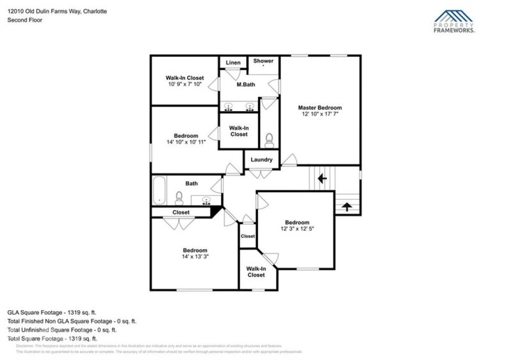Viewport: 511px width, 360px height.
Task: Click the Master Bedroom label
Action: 320,108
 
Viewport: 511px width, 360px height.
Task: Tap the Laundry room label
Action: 261,160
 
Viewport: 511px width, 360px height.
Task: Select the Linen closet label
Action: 233,63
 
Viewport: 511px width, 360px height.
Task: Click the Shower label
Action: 263,61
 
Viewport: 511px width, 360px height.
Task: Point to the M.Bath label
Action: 247,85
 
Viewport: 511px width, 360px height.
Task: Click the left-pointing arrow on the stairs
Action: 323,178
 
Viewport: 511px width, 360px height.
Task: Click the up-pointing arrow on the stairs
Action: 347,206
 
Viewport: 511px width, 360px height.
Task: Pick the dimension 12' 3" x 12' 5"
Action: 297,229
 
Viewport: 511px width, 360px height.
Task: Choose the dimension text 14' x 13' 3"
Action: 195,256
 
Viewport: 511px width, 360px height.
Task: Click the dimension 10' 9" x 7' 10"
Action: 185,84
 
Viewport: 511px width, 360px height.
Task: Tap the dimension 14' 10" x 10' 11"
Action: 186,142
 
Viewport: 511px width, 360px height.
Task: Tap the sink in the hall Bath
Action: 206,201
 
